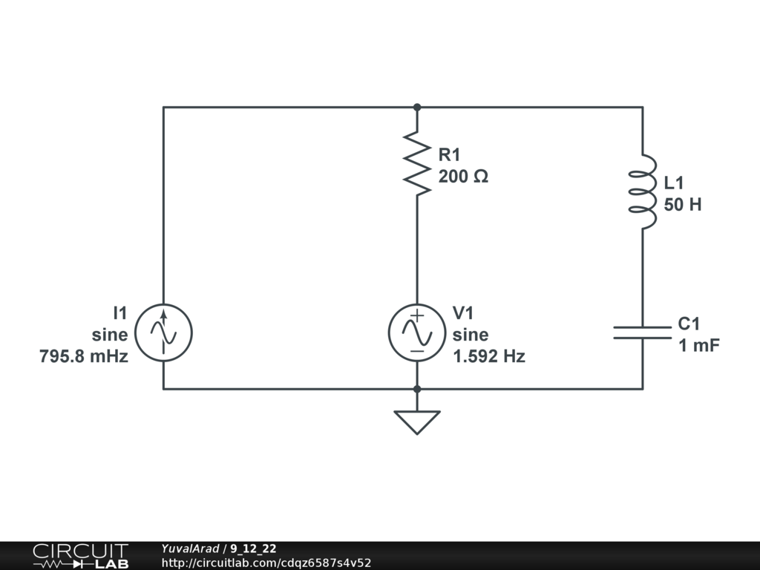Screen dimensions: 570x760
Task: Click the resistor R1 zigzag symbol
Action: [x=417, y=164]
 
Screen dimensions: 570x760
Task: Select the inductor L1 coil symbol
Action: [x=643, y=192]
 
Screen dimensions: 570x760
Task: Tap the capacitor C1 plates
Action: [x=643, y=332]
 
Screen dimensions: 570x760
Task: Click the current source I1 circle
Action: [x=164, y=332]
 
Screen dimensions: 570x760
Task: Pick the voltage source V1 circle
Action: [x=417, y=332]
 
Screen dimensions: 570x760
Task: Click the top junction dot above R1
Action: [x=417, y=107]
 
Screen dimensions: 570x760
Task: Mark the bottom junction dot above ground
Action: [x=417, y=388]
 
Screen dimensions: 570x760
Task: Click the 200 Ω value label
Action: [x=463, y=177]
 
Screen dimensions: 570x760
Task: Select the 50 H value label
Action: [x=682, y=204]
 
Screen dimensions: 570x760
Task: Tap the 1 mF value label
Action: [x=698, y=345]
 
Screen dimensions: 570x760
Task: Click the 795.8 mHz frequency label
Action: [x=84, y=356]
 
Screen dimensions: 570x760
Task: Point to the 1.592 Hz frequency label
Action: [x=488, y=356]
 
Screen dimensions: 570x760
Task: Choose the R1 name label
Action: [x=450, y=154]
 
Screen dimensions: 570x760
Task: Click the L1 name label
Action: [x=675, y=183]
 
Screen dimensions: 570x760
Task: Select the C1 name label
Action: [x=689, y=324]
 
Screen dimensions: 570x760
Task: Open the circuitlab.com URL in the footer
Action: [x=266, y=563]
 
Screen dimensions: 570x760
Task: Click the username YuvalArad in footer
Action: [x=189, y=548]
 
